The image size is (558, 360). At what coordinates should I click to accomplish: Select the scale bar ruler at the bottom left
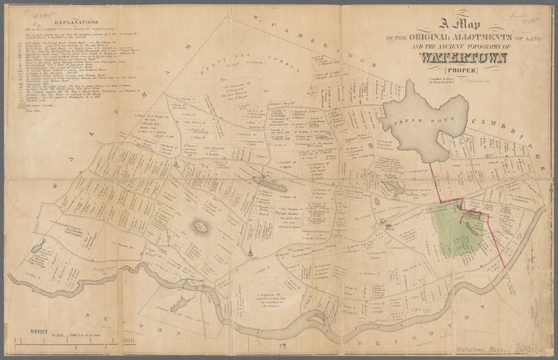pyautogui.click(x=70, y=339)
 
